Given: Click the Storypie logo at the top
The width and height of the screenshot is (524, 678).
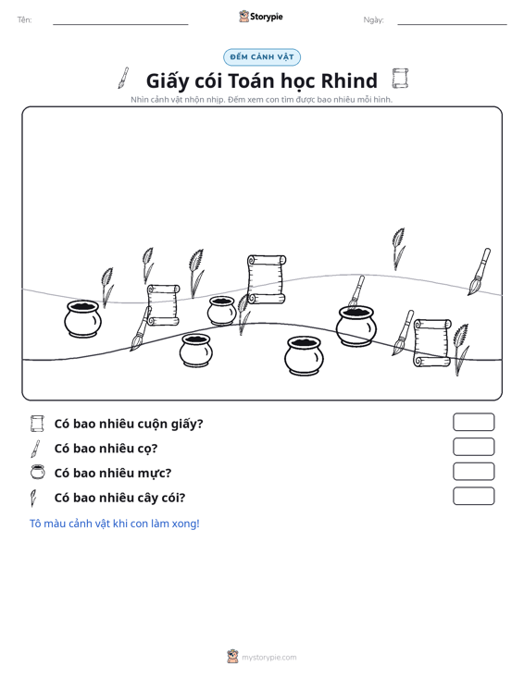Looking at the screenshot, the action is pyautogui.click(x=261, y=17).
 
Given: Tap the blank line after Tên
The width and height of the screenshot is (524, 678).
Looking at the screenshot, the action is pyautogui.click(x=120, y=24).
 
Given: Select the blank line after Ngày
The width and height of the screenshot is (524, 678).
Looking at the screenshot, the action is pyautogui.click(x=452, y=24).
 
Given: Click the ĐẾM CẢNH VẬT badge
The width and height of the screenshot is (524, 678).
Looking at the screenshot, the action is pyautogui.click(x=262, y=57).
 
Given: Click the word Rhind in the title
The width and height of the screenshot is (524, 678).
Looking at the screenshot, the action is pyautogui.click(x=349, y=80).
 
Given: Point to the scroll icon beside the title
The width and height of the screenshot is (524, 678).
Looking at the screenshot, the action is pyautogui.click(x=400, y=79).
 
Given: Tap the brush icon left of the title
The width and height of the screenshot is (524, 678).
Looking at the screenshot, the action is pyautogui.click(x=124, y=78).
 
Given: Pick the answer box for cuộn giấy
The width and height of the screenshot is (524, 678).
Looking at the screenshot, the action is pyautogui.click(x=473, y=422).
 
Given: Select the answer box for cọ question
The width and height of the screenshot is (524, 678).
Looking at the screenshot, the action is pyautogui.click(x=473, y=447).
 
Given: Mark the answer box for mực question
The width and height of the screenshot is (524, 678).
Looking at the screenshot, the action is pyautogui.click(x=473, y=472).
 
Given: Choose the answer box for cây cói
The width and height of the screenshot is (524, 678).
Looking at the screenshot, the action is pyautogui.click(x=473, y=496).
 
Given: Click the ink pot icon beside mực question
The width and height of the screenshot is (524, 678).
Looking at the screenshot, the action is pyautogui.click(x=37, y=472).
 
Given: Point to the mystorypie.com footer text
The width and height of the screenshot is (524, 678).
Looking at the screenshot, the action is pyautogui.click(x=268, y=658).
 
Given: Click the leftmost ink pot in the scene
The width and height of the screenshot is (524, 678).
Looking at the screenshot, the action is pyautogui.click(x=82, y=319).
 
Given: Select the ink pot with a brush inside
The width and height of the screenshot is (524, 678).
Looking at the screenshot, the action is pyautogui.click(x=356, y=326).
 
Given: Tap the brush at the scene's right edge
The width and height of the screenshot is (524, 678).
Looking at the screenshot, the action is pyautogui.click(x=480, y=272).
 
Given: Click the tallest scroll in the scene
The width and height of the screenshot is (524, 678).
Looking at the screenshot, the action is pyautogui.click(x=267, y=279).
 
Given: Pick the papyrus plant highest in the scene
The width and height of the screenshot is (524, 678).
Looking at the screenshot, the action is pyautogui.click(x=398, y=249).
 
